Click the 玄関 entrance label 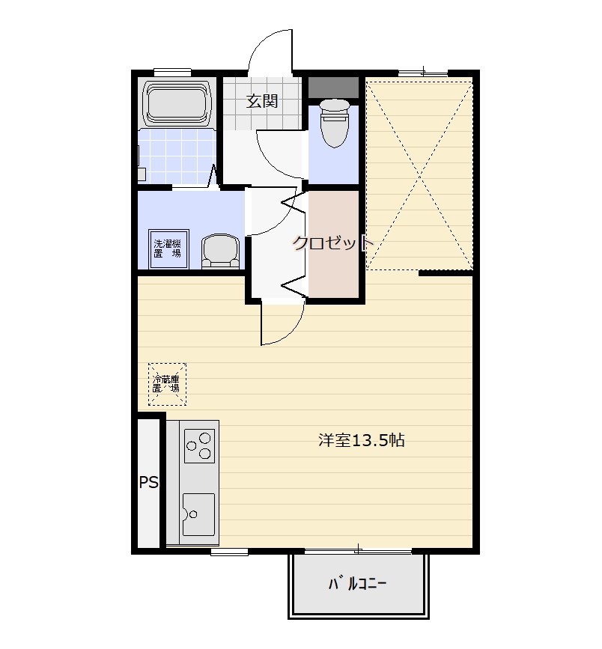pos(262,101)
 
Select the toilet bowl pos(335,123)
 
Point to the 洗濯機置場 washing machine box pos(168,249)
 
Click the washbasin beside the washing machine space pos(221,252)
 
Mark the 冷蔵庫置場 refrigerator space pos(167,384)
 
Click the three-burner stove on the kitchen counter pos(200,446)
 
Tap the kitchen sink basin pos(198,514)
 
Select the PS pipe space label pos(148,482)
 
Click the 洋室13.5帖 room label pos(361,440)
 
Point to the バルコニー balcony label pos(357,584)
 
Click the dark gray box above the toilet pos(334,88)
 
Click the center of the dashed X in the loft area pos(420,177)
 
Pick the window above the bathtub pos(172,73)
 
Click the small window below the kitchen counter pos(229,552)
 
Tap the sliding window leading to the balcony pos(358,551)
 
